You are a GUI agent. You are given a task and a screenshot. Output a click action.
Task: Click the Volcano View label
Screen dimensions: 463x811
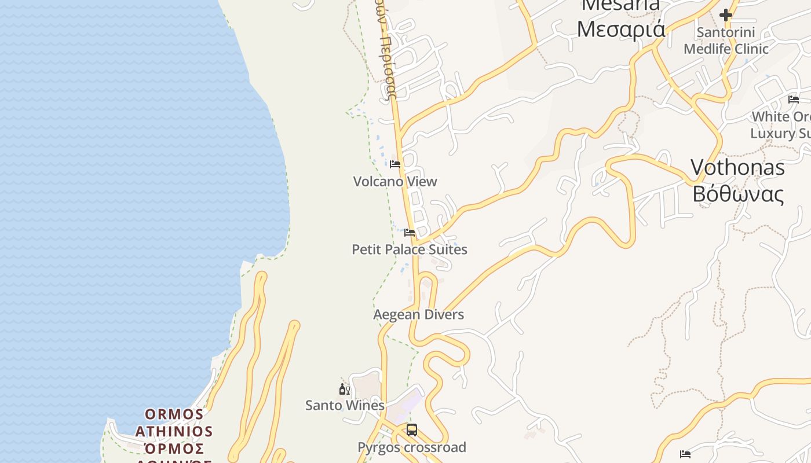[x=395, y=182]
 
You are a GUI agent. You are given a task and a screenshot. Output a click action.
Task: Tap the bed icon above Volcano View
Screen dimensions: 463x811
[x=395, y=164]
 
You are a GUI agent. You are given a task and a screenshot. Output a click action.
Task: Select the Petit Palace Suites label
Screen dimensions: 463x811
[x=410, y=249]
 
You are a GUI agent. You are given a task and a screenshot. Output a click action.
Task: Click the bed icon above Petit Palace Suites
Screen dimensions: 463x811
[x=410, y=233]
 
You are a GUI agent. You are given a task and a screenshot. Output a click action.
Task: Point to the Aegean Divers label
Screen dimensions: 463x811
[x=419, y=315]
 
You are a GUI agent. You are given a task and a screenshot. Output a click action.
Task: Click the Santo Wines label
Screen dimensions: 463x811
[x=345, y=405]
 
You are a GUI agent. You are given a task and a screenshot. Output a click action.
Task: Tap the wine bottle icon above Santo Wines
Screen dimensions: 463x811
[x=345, y=389]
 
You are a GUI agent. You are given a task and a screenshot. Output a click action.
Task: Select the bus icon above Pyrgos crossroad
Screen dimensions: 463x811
[x=412, y=430]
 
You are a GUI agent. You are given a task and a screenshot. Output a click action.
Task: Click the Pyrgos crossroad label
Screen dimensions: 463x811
[x=412, y=447]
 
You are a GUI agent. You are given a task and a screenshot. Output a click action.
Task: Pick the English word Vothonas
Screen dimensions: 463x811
[x=737, y=168]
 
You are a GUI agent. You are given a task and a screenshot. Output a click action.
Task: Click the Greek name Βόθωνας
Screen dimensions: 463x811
[x=738, y=194]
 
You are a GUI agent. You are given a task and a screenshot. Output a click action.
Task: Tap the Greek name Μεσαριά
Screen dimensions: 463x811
[x=621, y=29]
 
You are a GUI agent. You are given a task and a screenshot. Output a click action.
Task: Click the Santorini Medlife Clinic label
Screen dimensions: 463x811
[x=726, y=41]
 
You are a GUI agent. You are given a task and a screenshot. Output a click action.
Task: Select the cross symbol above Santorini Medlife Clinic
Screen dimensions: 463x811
[x=726, y=15]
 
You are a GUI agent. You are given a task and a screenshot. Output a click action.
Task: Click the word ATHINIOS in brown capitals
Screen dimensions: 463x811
[x=174, y=432]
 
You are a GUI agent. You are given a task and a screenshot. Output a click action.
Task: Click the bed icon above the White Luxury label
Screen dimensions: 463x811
[x=794, y=100]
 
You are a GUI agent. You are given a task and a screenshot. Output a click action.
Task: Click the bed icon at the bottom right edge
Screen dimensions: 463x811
[x=685, y=454]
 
